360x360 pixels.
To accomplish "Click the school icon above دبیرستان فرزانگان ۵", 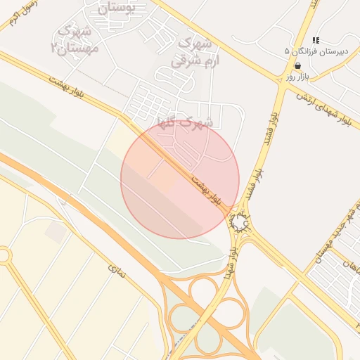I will click(316, 41).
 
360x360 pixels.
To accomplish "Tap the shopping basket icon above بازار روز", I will click(298, 65).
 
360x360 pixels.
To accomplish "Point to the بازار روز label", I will click(298, 76).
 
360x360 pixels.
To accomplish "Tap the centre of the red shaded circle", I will click(180, 179).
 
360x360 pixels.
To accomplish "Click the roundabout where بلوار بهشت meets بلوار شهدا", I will click(240, 224).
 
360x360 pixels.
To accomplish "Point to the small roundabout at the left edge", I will click(4, 255).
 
